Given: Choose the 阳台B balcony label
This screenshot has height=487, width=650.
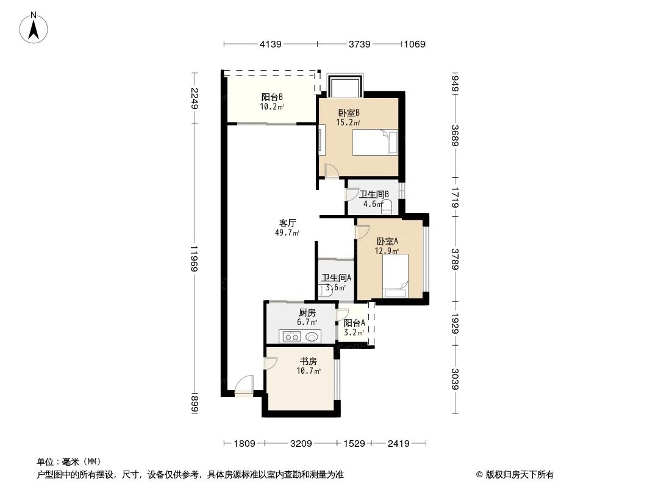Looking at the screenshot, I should tap(271, 97).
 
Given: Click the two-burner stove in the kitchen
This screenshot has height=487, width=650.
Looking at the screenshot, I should tap(290, 336).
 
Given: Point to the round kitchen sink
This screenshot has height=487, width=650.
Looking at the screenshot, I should tap(313, 336).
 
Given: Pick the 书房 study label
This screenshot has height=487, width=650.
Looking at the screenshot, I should tap(309, 362).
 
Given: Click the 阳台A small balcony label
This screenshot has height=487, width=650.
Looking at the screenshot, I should tap(354, 323).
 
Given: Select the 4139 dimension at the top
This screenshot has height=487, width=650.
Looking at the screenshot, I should tap(271, 44).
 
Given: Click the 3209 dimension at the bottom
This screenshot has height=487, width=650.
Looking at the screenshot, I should tap(301, 444).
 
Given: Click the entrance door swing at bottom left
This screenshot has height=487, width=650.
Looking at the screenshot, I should tap(244, 385).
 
